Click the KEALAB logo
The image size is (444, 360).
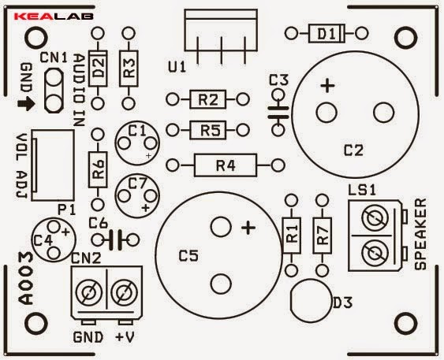pos(54,16)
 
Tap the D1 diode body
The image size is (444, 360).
pos(326,34)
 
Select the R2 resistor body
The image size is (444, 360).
pos(208,99)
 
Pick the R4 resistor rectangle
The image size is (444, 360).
pos(226,165)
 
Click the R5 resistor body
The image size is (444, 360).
pos(208,130)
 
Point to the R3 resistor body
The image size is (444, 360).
pos(129,69)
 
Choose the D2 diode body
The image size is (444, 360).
pos(98,69)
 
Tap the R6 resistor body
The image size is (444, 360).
pos(98,169)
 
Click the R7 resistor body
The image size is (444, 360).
pos(322,236)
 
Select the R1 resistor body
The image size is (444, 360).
pos(291,236)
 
